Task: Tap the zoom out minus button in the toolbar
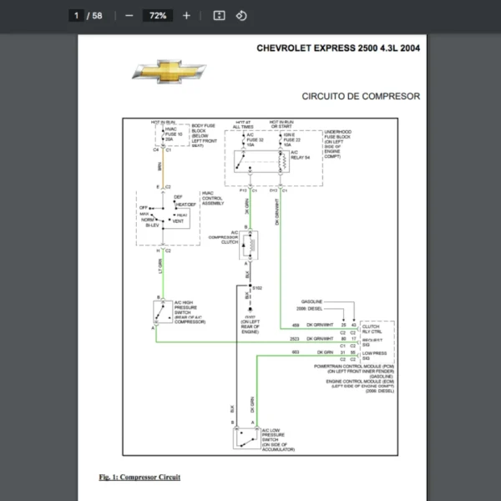[x=129, y=15]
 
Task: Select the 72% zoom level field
[x=157, y=15]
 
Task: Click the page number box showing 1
[x=77, y=15]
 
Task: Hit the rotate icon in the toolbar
[x=241, y=15]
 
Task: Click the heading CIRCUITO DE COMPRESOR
[x=361, y=96]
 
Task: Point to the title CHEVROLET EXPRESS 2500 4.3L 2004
[x=338, y=48]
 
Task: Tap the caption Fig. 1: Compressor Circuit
[x=139, y=477]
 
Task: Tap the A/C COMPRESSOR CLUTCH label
[x=223, y=240]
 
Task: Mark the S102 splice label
[x=257, y=287]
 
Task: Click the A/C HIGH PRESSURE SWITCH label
[x=185, y=311]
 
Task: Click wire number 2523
[x=295, y=339]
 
